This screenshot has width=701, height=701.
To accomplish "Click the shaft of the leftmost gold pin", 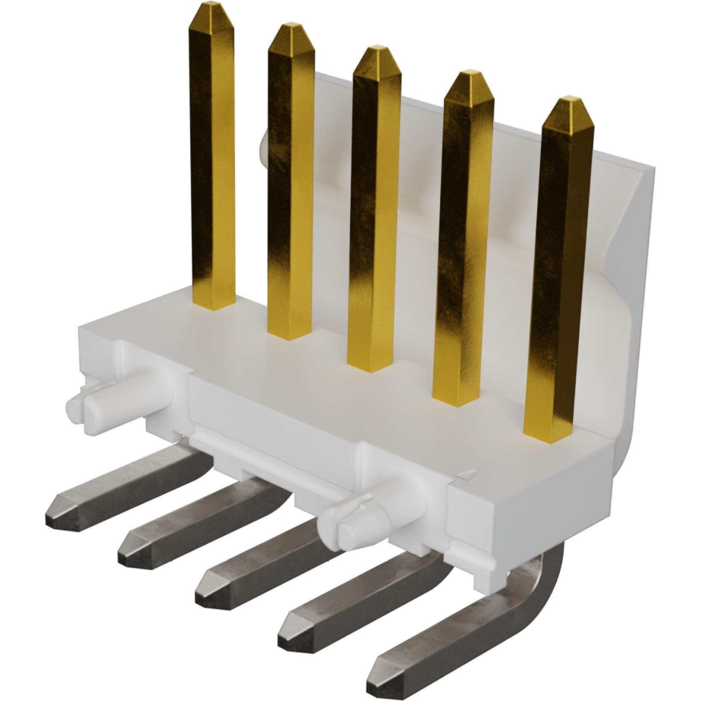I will point(212,171).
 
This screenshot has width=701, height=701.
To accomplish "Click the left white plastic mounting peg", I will point(92,410).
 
